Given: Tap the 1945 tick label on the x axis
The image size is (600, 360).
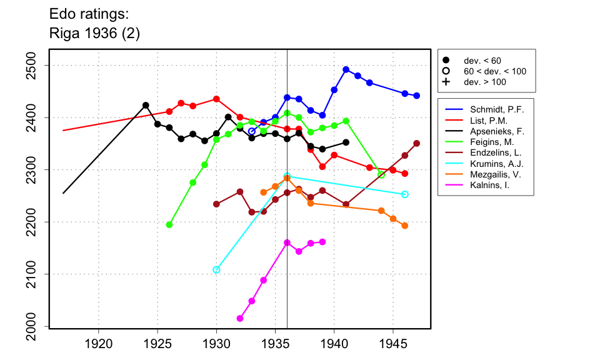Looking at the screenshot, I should coord(393,343).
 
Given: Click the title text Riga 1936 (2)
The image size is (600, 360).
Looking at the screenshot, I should coord(94,34).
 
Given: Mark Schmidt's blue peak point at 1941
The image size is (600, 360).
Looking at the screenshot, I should coord(346,69).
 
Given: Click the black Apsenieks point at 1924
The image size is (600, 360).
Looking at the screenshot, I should coord(146,106).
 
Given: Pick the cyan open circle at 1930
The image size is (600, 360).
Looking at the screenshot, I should coord(216,270).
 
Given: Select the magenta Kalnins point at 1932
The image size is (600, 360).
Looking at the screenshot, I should coord(240,319).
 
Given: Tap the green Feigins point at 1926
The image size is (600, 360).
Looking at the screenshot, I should coord(169,224).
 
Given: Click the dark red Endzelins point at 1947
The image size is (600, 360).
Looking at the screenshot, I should coord(416,143).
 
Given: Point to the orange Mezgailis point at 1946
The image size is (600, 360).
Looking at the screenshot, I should coord(404,226).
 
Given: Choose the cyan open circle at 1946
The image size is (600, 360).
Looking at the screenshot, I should coord(404,194).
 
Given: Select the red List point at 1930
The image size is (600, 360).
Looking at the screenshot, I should coord(216,99).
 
